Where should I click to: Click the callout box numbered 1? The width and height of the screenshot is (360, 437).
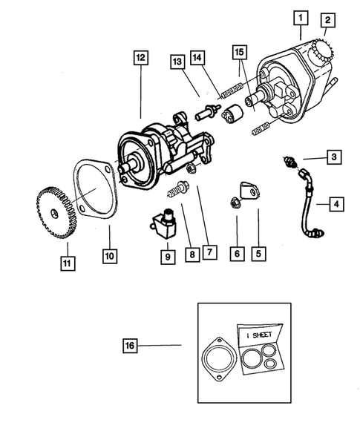tap(299, 15)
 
